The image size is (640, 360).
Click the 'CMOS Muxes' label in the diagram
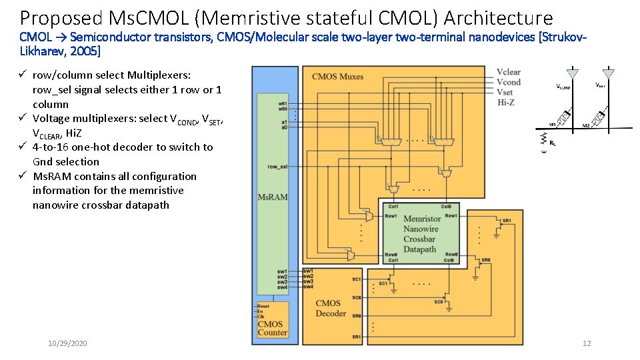337,77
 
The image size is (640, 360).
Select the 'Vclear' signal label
509,72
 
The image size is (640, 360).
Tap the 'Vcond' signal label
508,82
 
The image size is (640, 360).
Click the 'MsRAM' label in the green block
272,197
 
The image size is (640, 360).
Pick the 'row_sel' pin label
277,166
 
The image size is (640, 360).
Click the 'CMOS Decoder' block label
331,308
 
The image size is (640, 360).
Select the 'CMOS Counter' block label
272,328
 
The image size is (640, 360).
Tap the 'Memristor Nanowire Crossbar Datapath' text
421,234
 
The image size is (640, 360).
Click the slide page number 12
587,343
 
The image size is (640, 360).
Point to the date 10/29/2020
67,343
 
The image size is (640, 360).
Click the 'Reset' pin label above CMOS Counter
263,306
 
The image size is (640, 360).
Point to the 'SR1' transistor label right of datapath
507,221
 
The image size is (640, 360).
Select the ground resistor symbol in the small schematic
545,141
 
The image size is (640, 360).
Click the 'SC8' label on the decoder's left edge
357,297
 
